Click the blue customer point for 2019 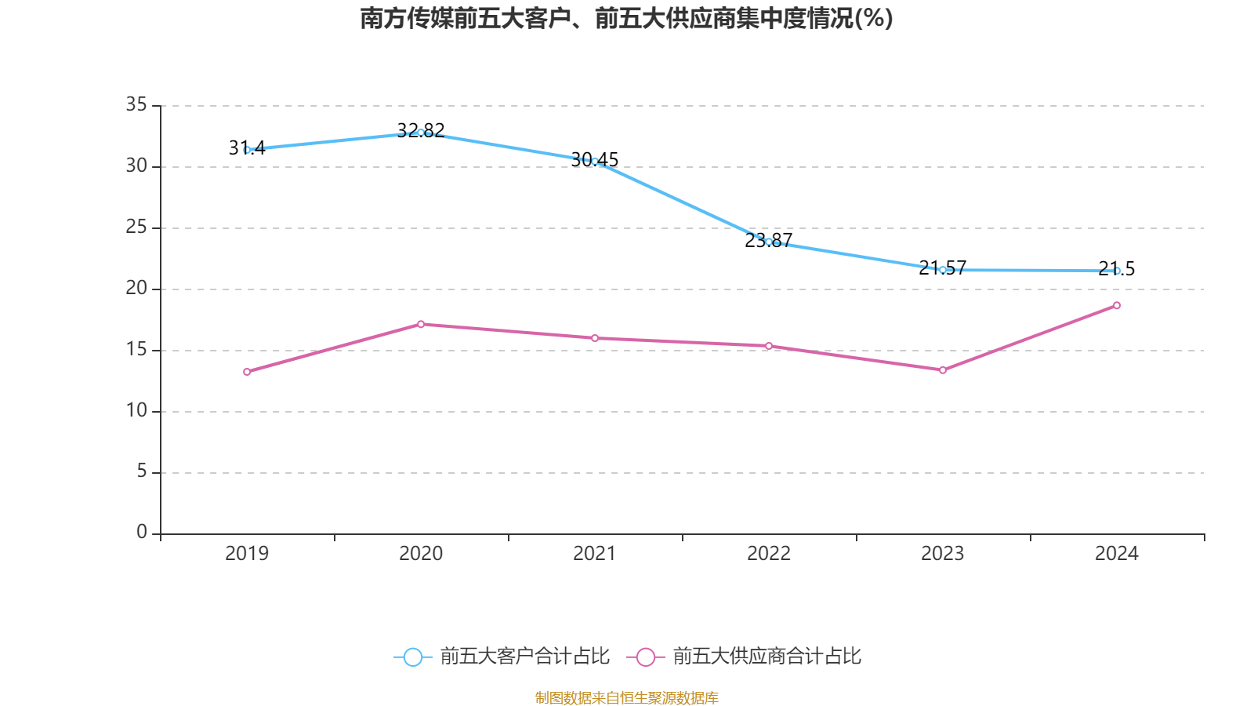[x=247, y=150]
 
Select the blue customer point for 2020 [x=421, y=133]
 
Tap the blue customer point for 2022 [x=769, y=242]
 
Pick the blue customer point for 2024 [x=1117, y=271]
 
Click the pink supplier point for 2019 [x=247, y=372]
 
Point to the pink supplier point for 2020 [x=421, y=324]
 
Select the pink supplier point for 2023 [x=943, y=370]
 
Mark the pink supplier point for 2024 [x=1117, y=305]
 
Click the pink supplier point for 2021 [x=595, y=338]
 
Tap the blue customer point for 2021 [x=595, y=162]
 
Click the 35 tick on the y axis [x=136, y=104]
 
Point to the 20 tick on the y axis [x=136, y=288]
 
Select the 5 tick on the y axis [x=142, y=471]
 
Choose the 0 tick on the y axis [x=142, y=533]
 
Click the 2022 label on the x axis [x=769, y=554]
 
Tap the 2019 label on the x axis [x=247, y=554]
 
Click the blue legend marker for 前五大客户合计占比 [x=413, y=657]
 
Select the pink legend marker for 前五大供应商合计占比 [x=646, y=657]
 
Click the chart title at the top [x=626, y=18]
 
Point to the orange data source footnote [x=626, y=697]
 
